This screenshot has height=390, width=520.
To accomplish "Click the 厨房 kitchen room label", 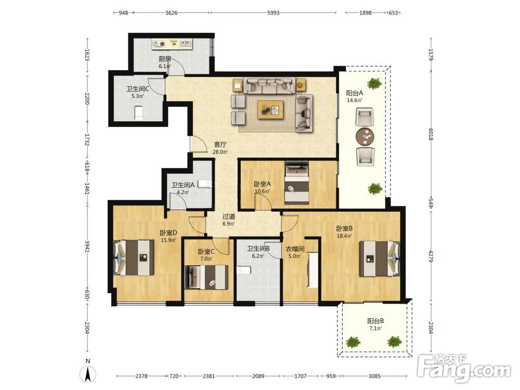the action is (165, 59).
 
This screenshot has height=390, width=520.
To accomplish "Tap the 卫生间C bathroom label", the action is (138, 89).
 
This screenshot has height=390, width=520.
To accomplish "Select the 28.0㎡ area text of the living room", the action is (220, 152).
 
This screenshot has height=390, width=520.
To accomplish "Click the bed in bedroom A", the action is (297, 183).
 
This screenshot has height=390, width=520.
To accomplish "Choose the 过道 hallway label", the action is (228, 216).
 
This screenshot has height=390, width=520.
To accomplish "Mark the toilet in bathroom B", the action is (242, 270).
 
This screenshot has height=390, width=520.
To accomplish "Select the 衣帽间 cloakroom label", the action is (295, 249).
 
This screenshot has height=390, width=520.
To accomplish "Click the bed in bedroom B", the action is (380, 258).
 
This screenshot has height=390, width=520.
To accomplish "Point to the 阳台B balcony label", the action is (375, 321).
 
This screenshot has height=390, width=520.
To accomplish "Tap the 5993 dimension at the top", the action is (274, 13).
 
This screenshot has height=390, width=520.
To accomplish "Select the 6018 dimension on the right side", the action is (431, 134).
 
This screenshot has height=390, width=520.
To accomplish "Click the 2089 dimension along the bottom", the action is (258, 376).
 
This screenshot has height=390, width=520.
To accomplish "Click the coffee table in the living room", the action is (270, 110).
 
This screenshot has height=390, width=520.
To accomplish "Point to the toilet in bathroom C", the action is (139, 113).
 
